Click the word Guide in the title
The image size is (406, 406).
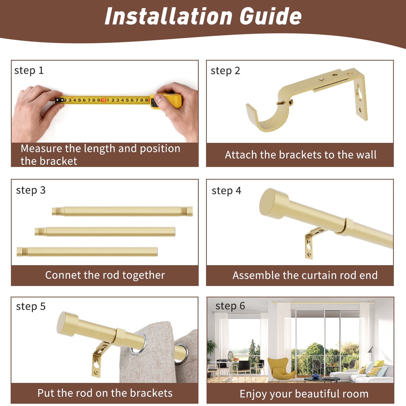(270, 16)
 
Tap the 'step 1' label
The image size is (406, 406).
(29, 71)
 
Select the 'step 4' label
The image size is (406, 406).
(226, 191)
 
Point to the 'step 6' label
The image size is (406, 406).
(230, 306)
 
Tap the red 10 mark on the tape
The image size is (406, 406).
(103, 100)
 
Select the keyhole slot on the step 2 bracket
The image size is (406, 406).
(359, 93)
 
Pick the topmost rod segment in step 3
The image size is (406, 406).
(122, 211)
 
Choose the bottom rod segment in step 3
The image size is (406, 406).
(87, 252)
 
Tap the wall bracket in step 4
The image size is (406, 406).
(313, 243)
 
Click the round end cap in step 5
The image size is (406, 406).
(67, 324)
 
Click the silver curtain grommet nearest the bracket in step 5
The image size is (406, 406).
(138, 345)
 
